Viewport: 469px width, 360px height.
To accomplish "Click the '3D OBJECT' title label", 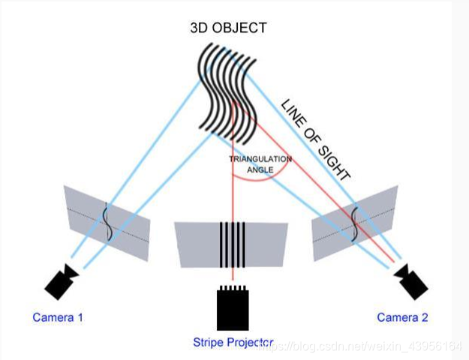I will point(229,28).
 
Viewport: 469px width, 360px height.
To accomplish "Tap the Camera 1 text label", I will point(58,317).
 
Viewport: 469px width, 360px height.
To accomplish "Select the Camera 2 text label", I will point(402,317).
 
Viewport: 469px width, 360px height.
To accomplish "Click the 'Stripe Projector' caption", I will point(233,342).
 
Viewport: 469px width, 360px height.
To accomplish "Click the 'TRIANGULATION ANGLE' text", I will point(260,164).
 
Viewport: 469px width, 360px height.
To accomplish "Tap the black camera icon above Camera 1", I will point(62,281).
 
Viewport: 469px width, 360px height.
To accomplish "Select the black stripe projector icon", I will point(233,307).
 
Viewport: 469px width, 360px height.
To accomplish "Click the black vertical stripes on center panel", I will point(233,244).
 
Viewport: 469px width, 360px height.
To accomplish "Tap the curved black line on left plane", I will point(107,222).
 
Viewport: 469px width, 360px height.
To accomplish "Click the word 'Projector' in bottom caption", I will point(250,342).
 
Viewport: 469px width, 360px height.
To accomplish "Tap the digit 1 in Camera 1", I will point(80,317).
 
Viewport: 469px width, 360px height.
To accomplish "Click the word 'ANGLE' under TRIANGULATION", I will point(260,169).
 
